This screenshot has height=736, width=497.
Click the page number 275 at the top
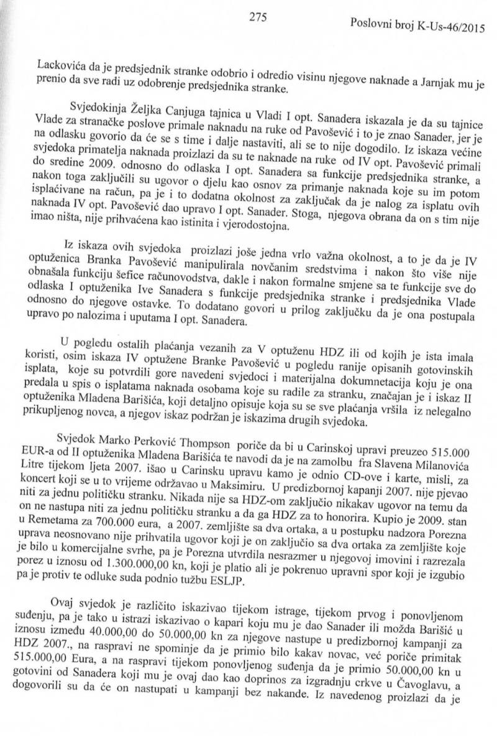pos(257,17)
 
